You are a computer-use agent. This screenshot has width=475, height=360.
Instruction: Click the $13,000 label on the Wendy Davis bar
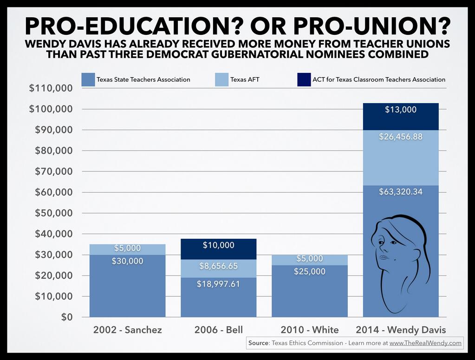pyautogui.click(x=401, y=110)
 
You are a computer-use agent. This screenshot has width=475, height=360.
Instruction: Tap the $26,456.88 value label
pyautogui.click(x=401, y=137)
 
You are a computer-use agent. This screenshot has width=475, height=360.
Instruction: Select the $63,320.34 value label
pyautogui.click(x=401, y=191)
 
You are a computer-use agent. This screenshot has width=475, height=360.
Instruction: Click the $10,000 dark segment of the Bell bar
pyautogui.click(x=218, y=245)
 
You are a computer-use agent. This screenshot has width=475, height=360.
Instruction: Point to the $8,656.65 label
pyautogui.click(x=218, y=266)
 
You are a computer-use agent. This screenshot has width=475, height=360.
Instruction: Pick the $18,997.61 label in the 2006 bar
pyautogui.click(x=218, y=284)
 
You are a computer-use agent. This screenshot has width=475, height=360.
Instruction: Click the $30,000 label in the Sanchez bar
pyautogui.click(x=127, y=261)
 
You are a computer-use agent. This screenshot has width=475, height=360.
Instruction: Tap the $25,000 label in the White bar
pyautogui.click(x=310, y=271)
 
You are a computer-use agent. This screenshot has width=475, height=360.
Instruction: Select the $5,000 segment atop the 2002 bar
pyautogui.click(x=127, y=249)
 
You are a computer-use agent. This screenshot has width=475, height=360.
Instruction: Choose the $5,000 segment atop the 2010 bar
pyautogui.click(x=310, y=259)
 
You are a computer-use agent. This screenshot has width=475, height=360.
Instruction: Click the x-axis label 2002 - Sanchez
pyautogui.click(x=127, y=330)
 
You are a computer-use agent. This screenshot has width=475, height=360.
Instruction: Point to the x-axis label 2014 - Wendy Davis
pyautogui.click(x=401, y=330)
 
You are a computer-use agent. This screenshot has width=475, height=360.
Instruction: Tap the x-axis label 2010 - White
pyautogui.click(x=310, y=330)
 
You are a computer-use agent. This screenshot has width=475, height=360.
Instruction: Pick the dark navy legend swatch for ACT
pyautogui.click(x=303, y=79)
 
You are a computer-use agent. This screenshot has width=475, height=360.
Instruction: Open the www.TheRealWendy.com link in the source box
pyautogui.click(x=425, y=343)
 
